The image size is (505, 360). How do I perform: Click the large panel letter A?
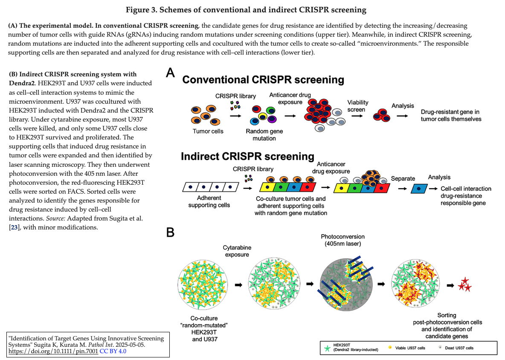[170, 73]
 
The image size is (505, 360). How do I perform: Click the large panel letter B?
[170, 232]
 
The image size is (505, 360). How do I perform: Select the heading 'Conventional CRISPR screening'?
[263, 79]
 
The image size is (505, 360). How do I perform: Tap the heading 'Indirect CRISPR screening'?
[247, 156]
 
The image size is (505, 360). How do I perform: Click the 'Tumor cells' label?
[208, 131]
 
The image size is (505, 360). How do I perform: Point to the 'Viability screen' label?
[357, 106]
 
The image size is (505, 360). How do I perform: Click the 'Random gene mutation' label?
[264, 135]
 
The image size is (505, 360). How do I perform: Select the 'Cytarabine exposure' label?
[237, 251]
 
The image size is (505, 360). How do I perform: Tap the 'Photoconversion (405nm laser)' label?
[342, 240]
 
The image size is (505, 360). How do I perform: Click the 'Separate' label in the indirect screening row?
[403, 179]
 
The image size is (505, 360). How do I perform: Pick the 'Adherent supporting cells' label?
[209, 202]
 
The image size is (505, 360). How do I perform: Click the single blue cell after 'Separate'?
[419, 189]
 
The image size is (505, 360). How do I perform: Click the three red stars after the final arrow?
[465, 285]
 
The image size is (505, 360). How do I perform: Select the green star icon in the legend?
[327, 348]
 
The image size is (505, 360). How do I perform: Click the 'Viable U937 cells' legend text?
[410, 348]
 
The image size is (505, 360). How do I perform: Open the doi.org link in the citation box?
[53, 351]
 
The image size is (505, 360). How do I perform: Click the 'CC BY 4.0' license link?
[113, 351]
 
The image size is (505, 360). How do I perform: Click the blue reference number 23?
[14, 227]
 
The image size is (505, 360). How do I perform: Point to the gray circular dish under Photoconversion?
[346, 285]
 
